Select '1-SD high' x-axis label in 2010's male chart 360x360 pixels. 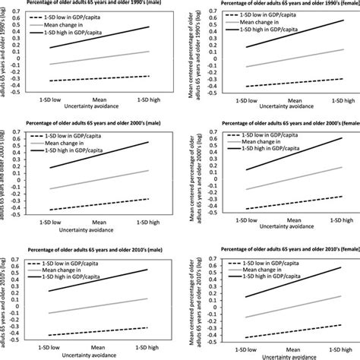(x=149, y=347)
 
